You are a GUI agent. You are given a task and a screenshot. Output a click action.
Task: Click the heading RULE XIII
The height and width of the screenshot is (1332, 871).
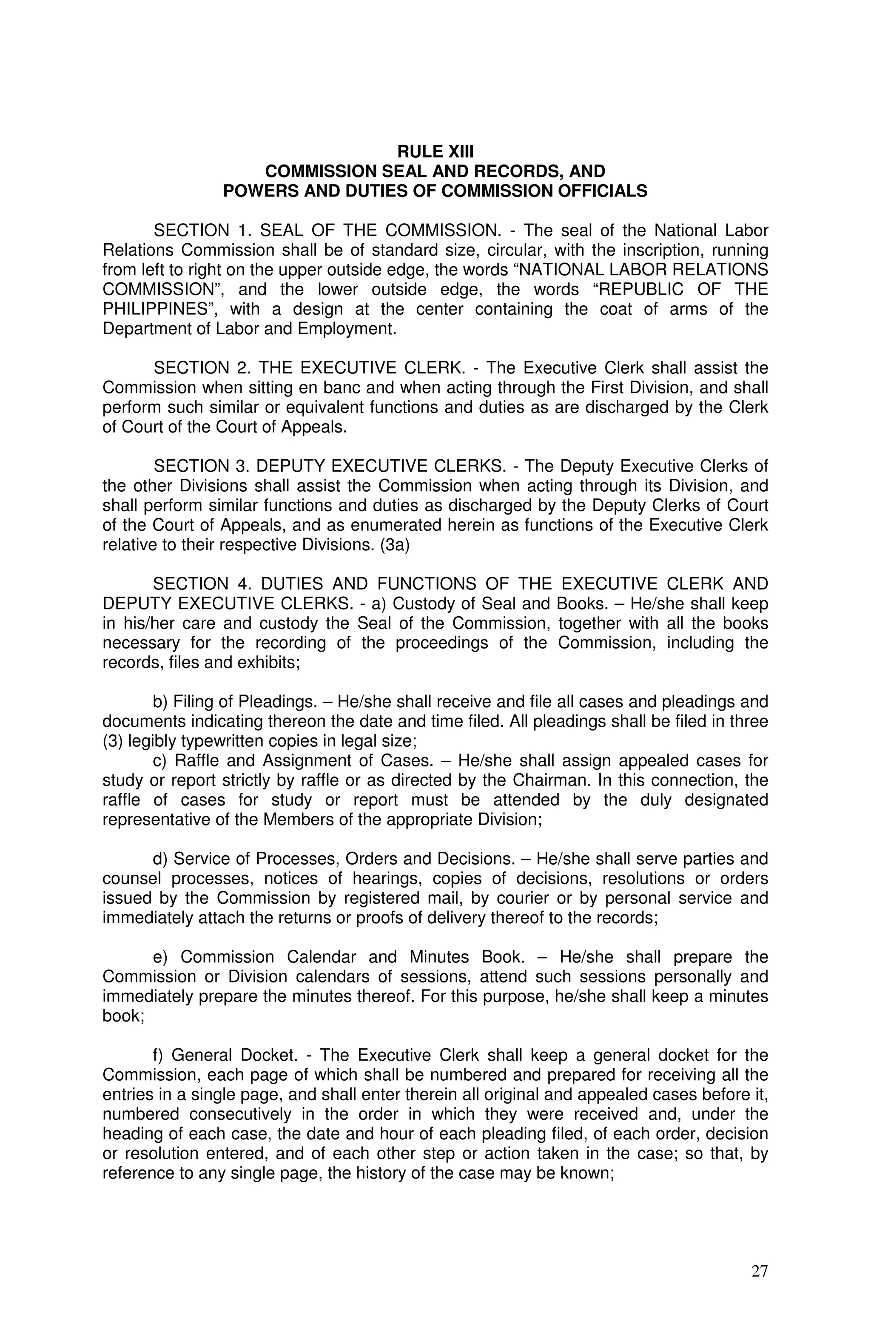pos(435,152)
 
